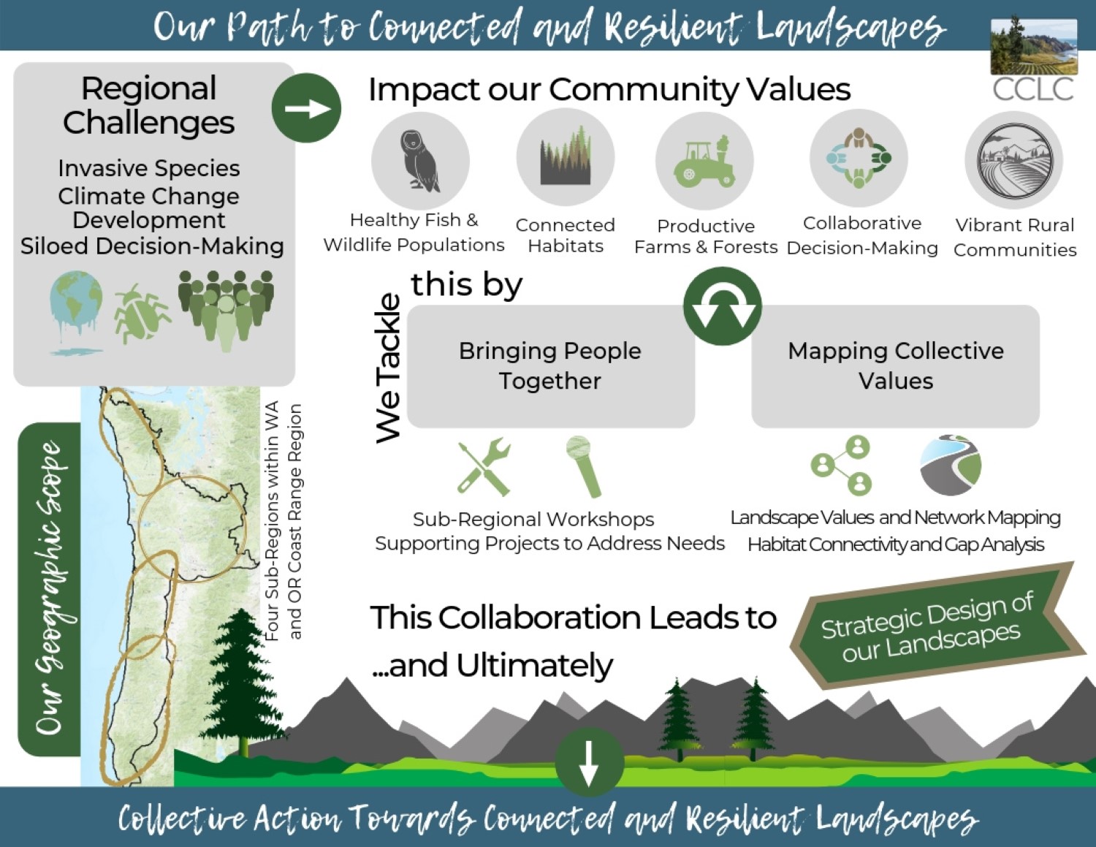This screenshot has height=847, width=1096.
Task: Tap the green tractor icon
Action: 704,161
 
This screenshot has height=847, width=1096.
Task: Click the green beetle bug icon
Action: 140,314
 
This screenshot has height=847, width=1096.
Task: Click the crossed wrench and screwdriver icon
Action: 483,467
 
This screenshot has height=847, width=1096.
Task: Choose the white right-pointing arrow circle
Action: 306,108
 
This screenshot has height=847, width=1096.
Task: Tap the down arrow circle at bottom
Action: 588,762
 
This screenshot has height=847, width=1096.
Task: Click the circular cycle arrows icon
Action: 722,306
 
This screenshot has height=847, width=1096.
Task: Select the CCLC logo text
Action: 1032,89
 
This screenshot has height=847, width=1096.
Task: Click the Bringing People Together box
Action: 550,366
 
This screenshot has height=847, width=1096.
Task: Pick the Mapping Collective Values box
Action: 895,366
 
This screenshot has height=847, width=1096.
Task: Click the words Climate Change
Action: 148,196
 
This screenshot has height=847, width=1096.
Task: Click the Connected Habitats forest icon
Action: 565,157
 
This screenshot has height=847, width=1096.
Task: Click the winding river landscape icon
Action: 950,466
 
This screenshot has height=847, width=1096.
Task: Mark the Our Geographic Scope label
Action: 50,588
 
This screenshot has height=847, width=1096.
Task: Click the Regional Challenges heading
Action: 148,105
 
